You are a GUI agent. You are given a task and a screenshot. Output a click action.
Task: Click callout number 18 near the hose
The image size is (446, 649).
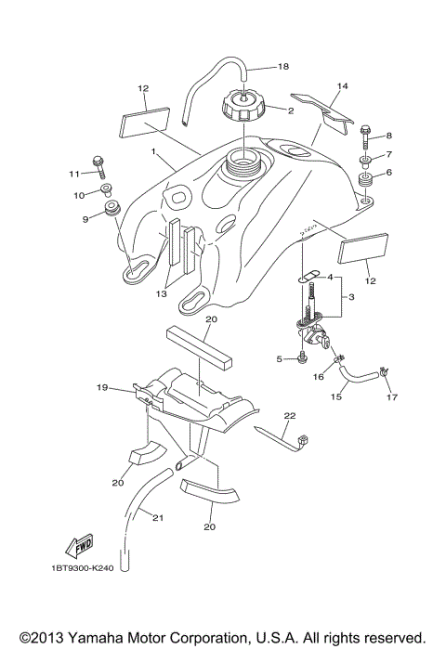[284, 67]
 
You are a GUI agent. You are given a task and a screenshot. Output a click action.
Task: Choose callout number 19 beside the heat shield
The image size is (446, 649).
[103, 386]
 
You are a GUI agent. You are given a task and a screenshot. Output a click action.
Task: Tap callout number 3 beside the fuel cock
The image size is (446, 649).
[352, 297]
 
